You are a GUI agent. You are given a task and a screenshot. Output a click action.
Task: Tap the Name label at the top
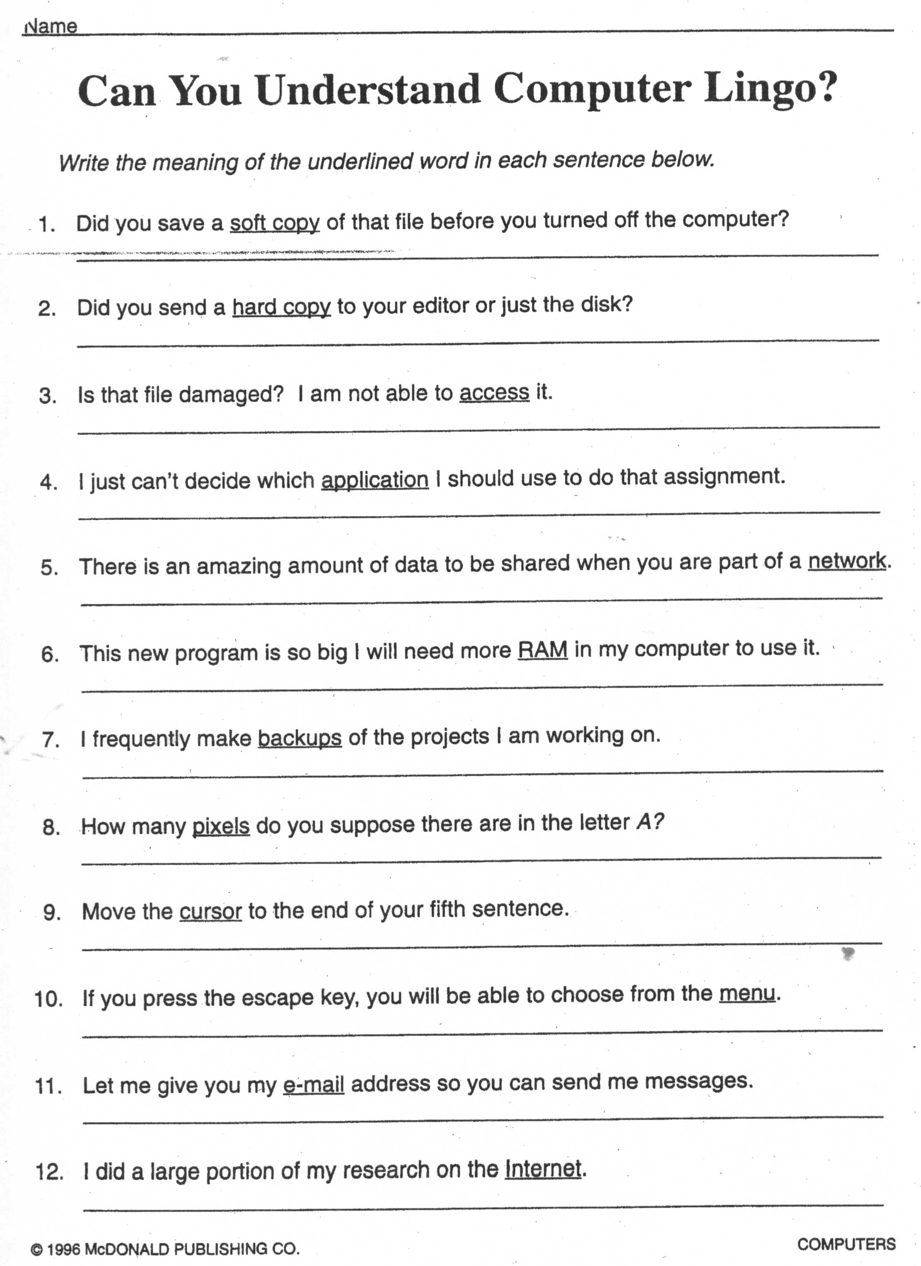coord(52,26)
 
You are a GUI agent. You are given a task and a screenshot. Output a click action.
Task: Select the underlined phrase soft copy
coord(275,223)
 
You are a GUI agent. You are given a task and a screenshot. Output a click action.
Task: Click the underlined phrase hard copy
coord(281,307)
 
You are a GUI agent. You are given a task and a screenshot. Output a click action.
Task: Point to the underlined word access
coord(494,393)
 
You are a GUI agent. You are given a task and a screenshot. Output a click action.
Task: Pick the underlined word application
coord(375,480)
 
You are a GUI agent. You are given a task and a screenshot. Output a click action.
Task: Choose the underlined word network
coord(847,561)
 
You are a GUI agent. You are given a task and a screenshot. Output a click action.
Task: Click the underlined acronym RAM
coord(543,650)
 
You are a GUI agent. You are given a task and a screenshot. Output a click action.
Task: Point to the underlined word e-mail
coord(314,1084)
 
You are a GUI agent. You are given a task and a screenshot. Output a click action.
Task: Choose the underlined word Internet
coord(543,1169)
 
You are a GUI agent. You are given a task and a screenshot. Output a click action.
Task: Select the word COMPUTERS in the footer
coord(846,1244)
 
